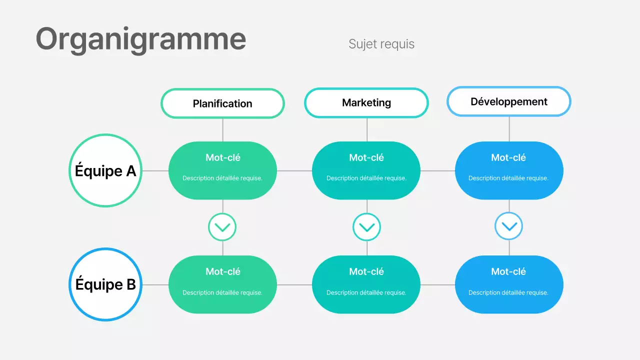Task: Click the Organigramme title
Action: (x=140, y=39)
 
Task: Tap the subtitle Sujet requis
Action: (x=381, y=44)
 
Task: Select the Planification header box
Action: (x=222, y=103)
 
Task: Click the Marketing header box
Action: (x=366, y=102)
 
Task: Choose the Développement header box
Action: (x=508, y=101)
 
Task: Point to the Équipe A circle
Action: (x=105, y=170)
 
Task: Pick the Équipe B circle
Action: (x=105, y=284)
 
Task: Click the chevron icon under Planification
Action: (x=222, y=227)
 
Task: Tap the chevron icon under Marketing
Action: (x=366, y=227)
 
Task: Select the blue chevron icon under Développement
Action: (x=509, y=226)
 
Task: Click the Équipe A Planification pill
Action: (x=222, y=170)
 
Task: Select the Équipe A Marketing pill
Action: (x=366, y=170)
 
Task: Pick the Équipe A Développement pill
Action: (x=509, y=170)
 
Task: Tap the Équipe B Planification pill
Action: (x=222, y=284)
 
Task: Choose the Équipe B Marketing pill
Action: (x=366, y=284)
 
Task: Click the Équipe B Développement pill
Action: (x=509, y=284)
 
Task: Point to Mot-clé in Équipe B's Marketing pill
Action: (x=366, y=271)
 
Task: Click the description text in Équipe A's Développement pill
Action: (x=508, y=178)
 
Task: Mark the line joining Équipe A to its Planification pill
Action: (x=155, y=170)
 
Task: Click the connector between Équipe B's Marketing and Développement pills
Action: (x=438, y=284)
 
